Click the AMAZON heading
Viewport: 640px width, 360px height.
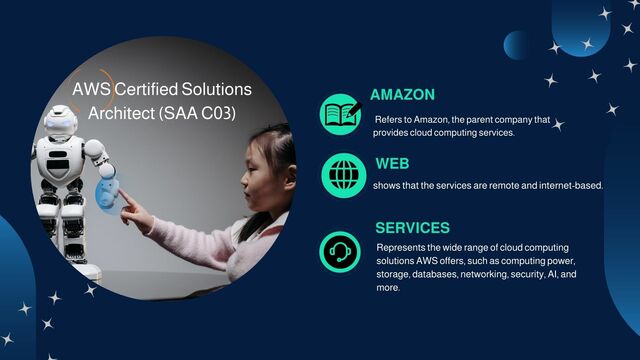point(402,95)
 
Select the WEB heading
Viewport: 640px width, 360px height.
point(392,163)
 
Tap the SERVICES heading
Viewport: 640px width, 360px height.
point(412,228)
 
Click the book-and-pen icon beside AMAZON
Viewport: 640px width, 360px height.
point(340,113)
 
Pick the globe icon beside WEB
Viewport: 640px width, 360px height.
point(340,176)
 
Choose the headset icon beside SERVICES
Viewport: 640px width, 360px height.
point(340,252)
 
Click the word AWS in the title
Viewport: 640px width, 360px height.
point(91,90)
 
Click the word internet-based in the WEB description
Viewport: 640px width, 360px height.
point(570,185)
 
